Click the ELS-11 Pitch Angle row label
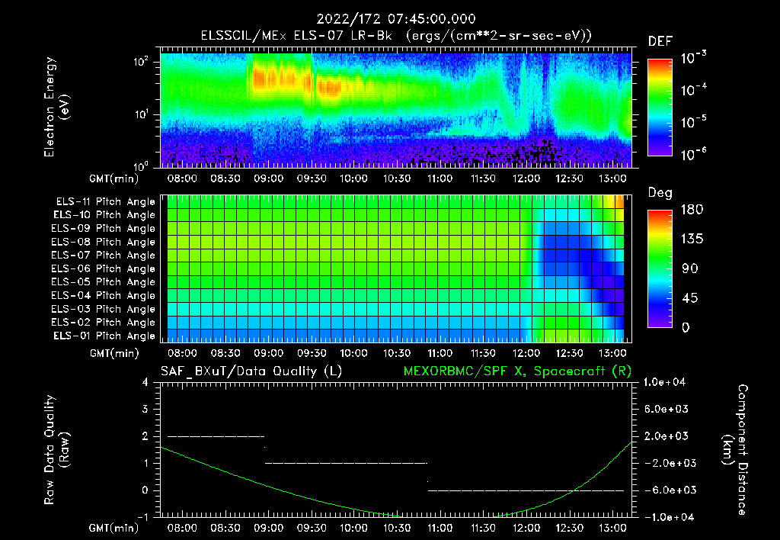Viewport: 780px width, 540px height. coord(104,202)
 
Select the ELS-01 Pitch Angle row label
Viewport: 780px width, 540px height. coord(104,336)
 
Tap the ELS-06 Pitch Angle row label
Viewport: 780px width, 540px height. coord(104,269)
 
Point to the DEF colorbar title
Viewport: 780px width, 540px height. coord(660,41)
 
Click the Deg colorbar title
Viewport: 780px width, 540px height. coord(660,193)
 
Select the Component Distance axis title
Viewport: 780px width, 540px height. coord(735,449)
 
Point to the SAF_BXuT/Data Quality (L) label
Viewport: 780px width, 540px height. coord(251,371)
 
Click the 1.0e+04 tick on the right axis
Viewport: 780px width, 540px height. coord(665,382)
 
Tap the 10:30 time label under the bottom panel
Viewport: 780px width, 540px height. coord(397,528)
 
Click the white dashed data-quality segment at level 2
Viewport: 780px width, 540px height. coord(216,436)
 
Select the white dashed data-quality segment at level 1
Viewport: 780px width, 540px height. coord(346,463)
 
